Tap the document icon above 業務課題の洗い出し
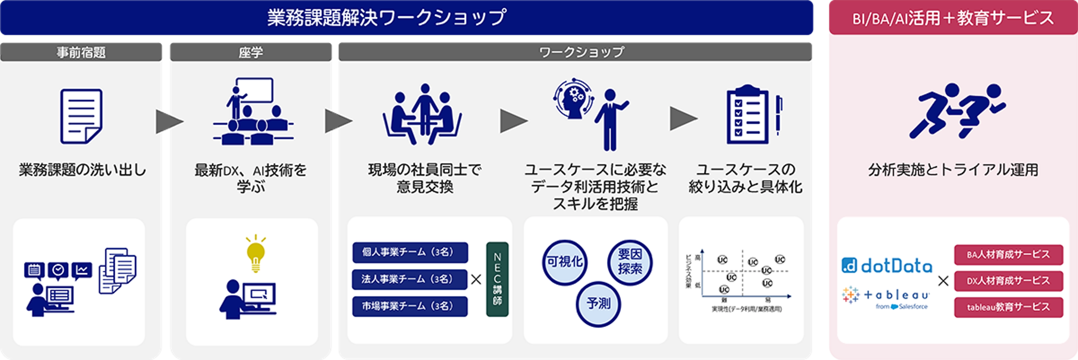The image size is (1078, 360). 81,116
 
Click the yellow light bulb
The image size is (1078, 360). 256,252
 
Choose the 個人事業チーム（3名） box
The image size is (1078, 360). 410,252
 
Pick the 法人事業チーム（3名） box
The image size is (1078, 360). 410,279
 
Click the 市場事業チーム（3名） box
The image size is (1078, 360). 410,306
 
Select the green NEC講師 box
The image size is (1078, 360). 497,279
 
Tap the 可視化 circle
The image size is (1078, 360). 565,262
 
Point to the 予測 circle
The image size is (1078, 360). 598,304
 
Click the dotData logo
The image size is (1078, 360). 887,266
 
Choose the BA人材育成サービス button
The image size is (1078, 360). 1008,254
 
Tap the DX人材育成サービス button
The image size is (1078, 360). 1008,281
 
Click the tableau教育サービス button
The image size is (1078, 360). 1008,307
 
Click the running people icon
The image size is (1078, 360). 957,111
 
